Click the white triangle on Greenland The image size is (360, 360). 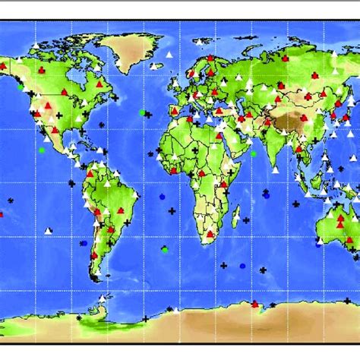[169, 54]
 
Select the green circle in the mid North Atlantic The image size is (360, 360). [142, 112]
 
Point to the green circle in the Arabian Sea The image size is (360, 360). [254, 154]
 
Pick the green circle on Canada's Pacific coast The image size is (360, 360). [21, 87]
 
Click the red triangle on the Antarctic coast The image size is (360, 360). [254, 305]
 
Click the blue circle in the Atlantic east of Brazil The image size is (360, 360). [162, 196]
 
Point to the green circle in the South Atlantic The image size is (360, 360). [165, 250]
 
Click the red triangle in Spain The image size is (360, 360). [175, 110]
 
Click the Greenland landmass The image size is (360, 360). [133, 49]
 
